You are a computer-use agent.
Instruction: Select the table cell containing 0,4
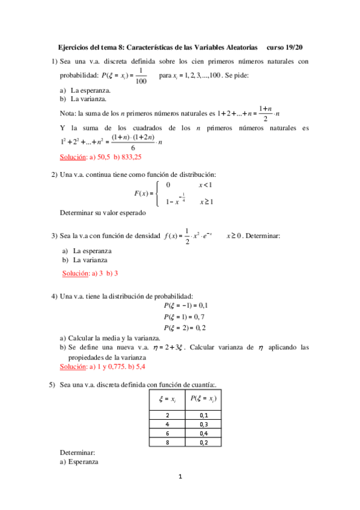[x=203, y=433]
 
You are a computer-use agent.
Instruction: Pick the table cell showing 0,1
[x=203, y=415]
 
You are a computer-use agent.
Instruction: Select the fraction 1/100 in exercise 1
[x=140, y=76]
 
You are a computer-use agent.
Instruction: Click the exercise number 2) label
[x=54, y=174]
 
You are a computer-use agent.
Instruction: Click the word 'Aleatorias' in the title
[x=238, y=46]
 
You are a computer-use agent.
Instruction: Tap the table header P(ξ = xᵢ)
[x=203, y=398]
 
